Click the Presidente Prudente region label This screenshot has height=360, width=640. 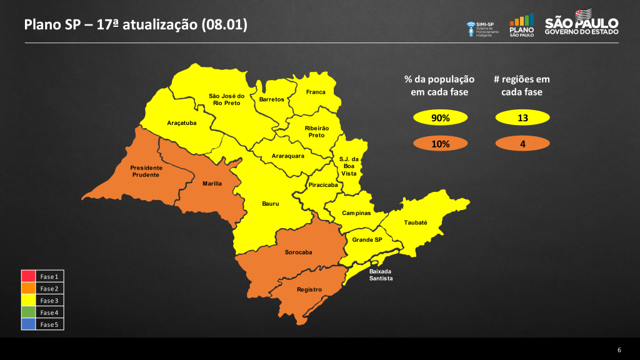146,171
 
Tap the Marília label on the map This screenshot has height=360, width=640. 212,184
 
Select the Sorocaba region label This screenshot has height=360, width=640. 298,252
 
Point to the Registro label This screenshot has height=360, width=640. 309,289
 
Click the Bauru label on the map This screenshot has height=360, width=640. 270,204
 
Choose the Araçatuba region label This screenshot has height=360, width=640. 182,123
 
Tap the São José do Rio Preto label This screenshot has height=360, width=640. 226,99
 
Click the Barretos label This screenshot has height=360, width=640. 272,99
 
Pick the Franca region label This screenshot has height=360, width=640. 316,92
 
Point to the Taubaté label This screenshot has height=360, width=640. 416,222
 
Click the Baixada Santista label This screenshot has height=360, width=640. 381,275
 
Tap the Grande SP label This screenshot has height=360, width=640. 367,240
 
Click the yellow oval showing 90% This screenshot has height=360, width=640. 440,117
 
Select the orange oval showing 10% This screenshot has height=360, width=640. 440,144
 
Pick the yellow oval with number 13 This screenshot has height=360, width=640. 522,117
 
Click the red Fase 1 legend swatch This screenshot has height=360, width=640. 29,276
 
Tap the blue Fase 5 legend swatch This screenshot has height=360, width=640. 29,324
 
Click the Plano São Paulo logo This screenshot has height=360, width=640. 522,25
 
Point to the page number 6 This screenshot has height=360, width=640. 619,349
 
